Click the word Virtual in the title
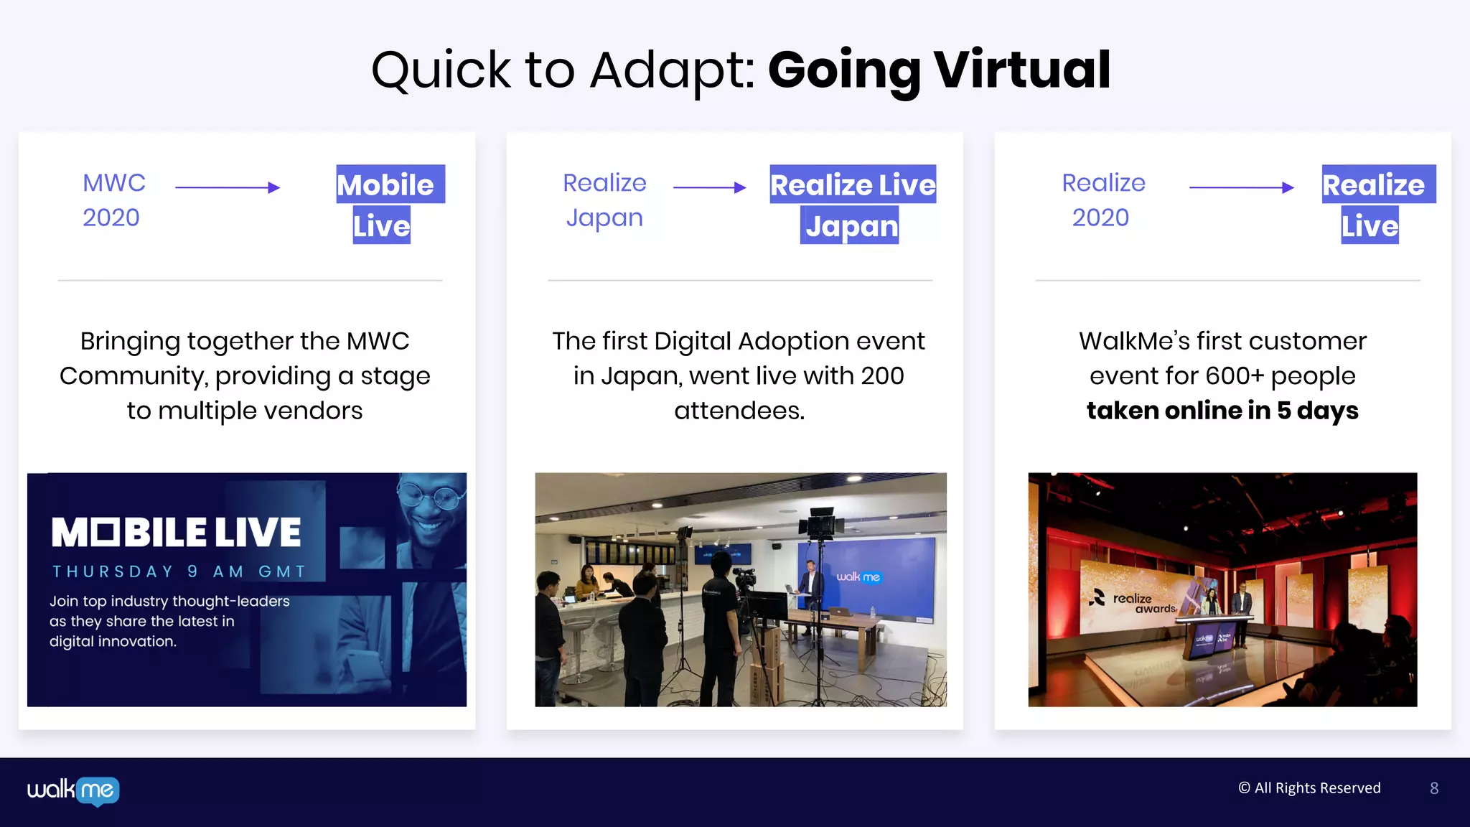(1022, 70)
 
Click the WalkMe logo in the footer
(73, 790)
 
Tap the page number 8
(1433, 788)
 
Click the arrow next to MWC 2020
(228, 187)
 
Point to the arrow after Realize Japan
(709, 187)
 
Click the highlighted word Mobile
(386, 184)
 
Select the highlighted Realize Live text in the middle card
(853, 184)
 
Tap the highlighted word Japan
(851, 226)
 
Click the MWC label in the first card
(114, 183)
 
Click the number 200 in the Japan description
(882, 375)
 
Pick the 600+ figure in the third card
(1235, 375)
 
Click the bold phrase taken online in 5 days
(1222, 411)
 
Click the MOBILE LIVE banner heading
(176, 533)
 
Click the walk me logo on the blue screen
(858, 577)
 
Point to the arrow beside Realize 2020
(1242, 187)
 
